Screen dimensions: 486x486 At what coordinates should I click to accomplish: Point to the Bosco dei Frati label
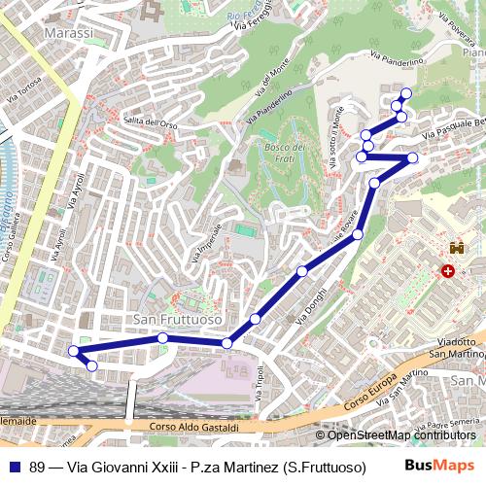click(284, 152)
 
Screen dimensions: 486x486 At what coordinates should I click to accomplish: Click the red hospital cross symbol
click(448, 272)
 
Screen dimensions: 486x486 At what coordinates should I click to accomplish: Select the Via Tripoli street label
click(260, 381)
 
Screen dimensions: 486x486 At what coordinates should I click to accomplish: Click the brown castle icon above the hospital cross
click(454, 251)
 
